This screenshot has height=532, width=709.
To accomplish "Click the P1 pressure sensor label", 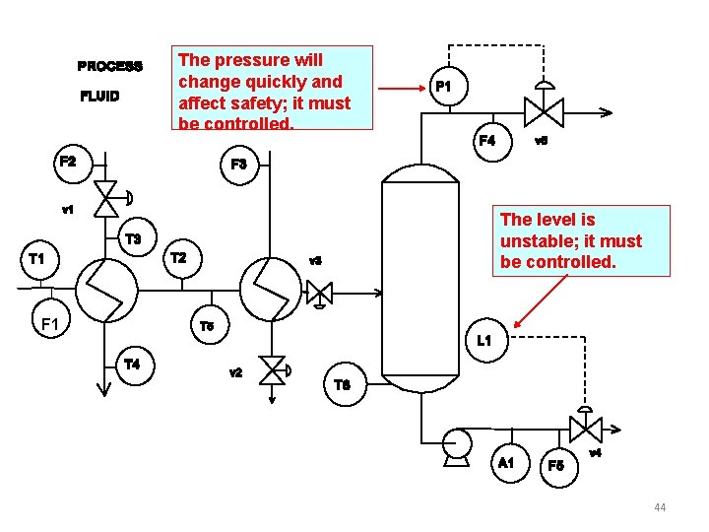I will coord(444,87).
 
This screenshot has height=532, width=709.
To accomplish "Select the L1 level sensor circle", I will coord(483,341).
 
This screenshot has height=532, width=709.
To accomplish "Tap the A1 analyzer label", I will coord(506,462).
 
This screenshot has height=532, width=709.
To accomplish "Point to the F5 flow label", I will coord(556,464).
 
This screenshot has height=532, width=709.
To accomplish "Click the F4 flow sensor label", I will coord(486,141).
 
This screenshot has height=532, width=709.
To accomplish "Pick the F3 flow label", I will coord(239,164).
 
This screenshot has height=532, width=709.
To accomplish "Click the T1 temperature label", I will coord(36,259).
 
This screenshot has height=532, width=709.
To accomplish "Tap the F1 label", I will coord(49,322).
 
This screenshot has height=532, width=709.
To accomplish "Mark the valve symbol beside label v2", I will coord(273,369).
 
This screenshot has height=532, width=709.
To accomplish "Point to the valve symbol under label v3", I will coord(319,292).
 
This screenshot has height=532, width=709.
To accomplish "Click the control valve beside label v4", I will coord(585,429).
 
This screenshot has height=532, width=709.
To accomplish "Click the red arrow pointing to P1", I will coord(402,89).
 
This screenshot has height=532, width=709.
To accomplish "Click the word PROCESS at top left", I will coord(109,67).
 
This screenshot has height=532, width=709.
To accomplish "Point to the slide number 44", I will coord(660,507).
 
